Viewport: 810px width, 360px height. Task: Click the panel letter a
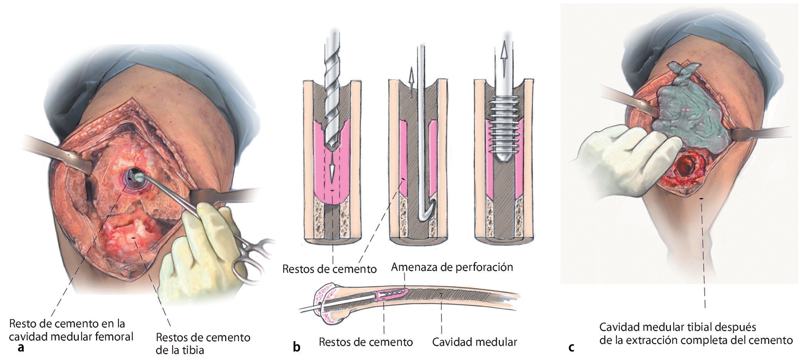pyautogui.click(x=21, y=348)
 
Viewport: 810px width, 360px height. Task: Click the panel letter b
pyautogui.click(x=296, y=347)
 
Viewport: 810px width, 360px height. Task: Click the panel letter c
pyautogui.click(x=571, y=347)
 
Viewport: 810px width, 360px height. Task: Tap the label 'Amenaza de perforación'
pyautogui.click(x=452, y=267)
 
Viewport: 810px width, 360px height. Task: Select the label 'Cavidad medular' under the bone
pyautogui.click(x=475, y=342)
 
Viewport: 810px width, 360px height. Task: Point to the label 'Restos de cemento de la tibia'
pyautogui.click(x=203, y=343)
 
